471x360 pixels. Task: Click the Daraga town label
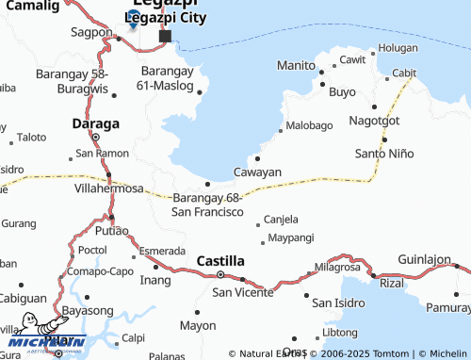tap(96, 123)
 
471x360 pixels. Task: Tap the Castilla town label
tap(220, 259)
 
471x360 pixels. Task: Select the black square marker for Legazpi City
tap(165, 37)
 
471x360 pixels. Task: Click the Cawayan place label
tap(257, 172)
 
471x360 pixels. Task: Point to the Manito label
tap(295, 65)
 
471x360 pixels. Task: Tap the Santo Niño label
tap(383, 153)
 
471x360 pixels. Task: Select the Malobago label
tap(310, 125)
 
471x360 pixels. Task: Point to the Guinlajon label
tap(424, 258)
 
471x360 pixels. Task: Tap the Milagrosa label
tap(337, 267)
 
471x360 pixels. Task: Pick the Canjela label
tap(281, 219)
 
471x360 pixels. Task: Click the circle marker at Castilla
tap(220, 274)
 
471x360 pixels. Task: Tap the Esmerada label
tap(162, 251)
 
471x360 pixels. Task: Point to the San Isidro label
tap(338, 303)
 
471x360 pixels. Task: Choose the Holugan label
tap(398, 47)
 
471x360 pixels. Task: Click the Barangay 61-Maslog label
tap(171, 78)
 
